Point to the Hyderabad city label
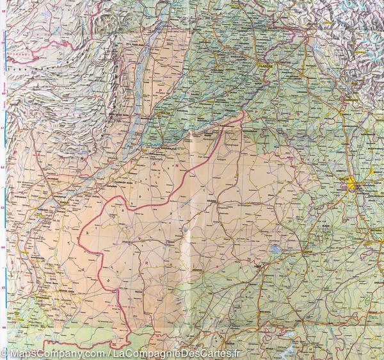[40, 297]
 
